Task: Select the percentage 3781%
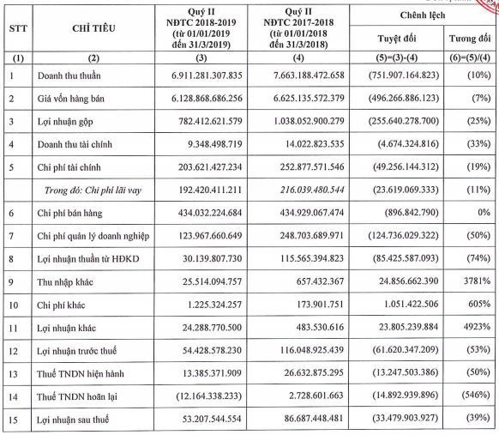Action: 472,280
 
